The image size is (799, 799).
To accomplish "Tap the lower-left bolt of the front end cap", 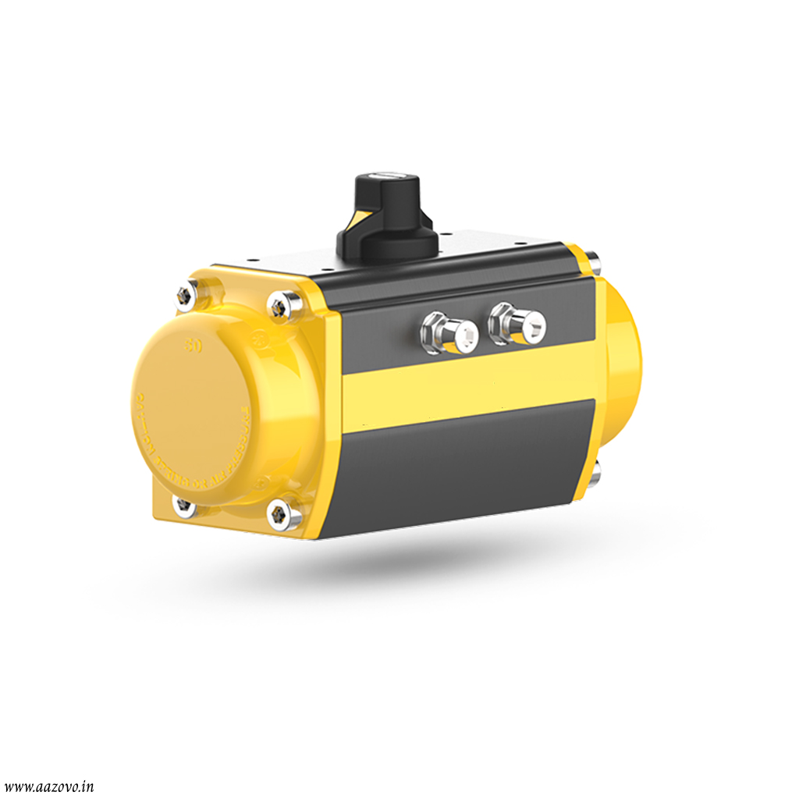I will point(184,505).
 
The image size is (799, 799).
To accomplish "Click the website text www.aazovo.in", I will point(48,787).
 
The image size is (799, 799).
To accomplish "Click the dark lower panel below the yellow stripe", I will point(460,468).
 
